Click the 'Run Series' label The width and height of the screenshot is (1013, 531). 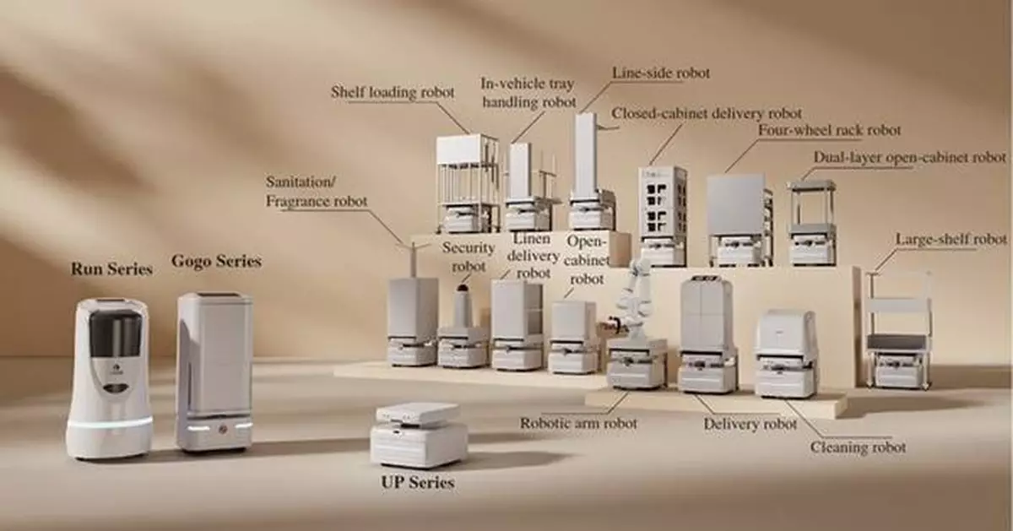pos(111,269)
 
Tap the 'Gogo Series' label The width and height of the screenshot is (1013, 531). pos(216,260)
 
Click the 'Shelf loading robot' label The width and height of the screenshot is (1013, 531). pos(393,92)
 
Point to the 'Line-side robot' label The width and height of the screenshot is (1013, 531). pos(648,73)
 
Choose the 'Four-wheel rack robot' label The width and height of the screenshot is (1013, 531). pos(829,131)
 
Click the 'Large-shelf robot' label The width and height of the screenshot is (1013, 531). pos(951,240)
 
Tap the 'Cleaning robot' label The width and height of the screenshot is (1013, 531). pos(858,447)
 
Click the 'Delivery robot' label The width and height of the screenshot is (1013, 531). pos(750,424)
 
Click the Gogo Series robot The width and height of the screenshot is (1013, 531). pos(214,371)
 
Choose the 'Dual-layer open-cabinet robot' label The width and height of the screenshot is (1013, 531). pos(909,158)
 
